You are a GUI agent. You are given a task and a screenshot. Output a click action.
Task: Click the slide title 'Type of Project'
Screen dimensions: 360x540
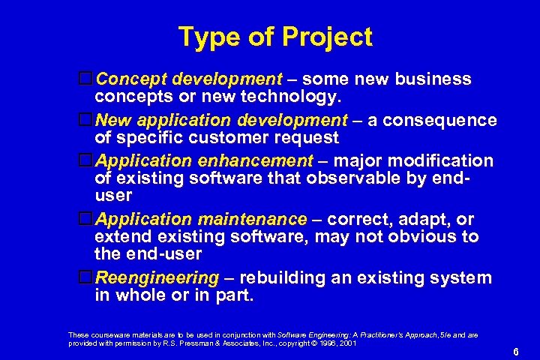tap(275, 36)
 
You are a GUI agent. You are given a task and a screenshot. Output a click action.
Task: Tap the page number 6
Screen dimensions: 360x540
tap(516, 352)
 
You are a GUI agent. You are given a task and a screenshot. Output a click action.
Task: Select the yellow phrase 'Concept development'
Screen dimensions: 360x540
tap(187, 79)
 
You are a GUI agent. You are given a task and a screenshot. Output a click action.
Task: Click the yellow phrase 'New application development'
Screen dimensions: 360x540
tap(221, 121)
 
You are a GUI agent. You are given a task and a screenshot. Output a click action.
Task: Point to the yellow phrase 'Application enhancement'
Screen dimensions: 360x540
tap(204, 161)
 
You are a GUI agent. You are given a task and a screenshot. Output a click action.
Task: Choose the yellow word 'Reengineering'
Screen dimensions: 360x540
tap(156, 278)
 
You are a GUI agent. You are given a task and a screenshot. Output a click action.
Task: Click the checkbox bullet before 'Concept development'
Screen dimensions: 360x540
tap(86, 79)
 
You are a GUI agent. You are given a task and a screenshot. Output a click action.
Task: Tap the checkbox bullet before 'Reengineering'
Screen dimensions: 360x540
tap(86, 277)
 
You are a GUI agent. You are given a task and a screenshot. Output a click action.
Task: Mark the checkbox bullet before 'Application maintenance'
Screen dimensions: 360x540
tap(86, 219)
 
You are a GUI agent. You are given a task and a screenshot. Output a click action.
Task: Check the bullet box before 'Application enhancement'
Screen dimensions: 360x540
tap(86, 160)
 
